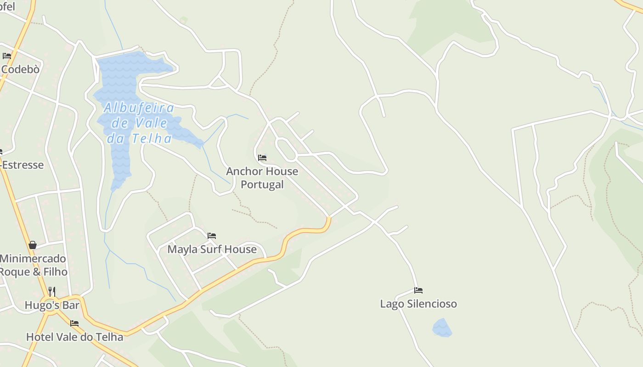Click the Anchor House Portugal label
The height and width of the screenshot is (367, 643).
[x=262, y=178]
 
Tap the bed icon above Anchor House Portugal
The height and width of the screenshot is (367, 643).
[x=262, y=157]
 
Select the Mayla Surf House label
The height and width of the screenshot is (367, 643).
[x=212, y=249]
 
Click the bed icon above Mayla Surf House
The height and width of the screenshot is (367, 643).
[x=212, y=236]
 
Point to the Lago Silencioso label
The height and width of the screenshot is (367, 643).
[x=418, y=304]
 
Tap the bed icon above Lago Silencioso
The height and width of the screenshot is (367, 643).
[x=418, y=290]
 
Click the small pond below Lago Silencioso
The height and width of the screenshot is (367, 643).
[x=442, y=328]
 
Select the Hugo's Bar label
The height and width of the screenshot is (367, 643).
[x=52, y=305]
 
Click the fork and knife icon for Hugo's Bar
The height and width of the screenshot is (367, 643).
[x=52, y=291]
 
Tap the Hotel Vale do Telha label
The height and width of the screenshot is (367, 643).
[x=74, y=337]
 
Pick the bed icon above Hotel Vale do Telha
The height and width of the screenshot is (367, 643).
[x=74, y=323]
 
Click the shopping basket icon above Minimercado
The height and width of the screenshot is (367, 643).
[x=33, y=245]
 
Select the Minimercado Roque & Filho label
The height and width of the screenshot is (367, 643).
[x=33, y=265]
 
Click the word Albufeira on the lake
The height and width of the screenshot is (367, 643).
[x=139, y=108]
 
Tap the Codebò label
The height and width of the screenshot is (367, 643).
[x=20, y=69]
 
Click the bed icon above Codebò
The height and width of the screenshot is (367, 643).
[x=7, y=56]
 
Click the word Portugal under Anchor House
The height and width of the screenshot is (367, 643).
[x=262, y=184]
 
